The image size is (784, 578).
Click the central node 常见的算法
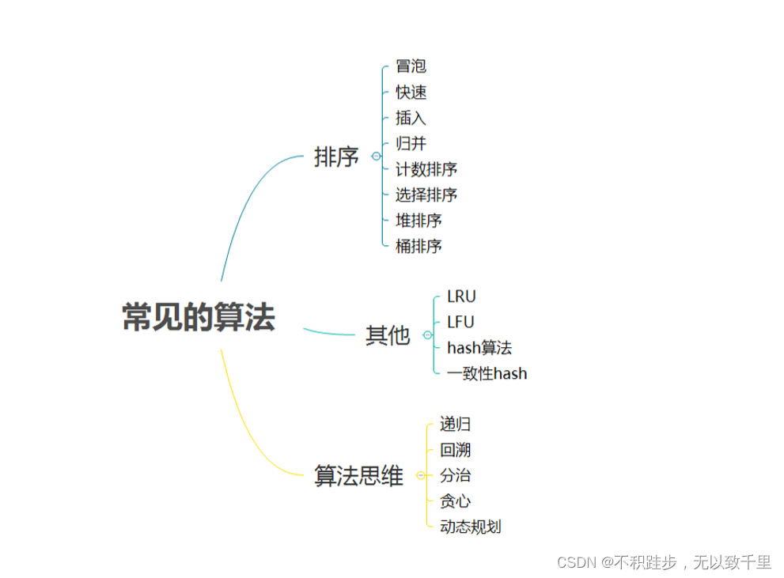(199, 317)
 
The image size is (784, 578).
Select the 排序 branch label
(337, 157)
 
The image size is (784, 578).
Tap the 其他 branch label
(388, 335)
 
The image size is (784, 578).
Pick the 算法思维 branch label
(359, 476)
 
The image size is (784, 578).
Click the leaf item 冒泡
(411, 66)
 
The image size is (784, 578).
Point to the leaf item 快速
(411, 93)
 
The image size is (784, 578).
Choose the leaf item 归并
(411, 144)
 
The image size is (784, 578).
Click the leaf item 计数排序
(426, 169)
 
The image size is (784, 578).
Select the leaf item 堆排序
(419, 220)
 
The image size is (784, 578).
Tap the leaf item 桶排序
(419, 246)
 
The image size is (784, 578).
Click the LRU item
(461, 297)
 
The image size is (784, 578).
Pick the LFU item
(460, 322)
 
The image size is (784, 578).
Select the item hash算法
(479, 347)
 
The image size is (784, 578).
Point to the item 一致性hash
(487, 373)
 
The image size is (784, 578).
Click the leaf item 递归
(456, 425)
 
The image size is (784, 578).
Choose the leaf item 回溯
(456, 450)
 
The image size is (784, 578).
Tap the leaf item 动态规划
(471, 527)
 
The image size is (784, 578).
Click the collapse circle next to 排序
(376, 157)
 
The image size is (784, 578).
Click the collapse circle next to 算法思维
(420, 476)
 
